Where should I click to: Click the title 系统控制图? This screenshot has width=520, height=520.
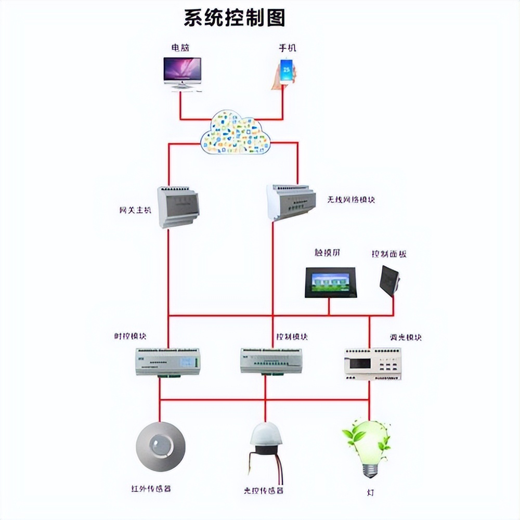[235, 18]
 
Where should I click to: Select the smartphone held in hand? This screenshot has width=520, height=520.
[285, 72]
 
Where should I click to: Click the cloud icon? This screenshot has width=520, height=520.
[236, 133]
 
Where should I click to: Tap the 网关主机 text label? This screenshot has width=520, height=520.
[135, 211]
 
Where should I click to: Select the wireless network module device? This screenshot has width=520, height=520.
[291, 201]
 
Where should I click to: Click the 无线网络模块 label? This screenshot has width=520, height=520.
[351, 199]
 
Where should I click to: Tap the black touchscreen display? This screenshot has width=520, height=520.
[330, 282]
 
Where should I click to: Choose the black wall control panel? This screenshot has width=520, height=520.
[390, 280]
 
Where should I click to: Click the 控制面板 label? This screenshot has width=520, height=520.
[388, 254]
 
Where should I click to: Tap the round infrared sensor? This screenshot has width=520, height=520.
[160, 447]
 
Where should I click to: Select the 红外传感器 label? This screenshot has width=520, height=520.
[151, 489]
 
